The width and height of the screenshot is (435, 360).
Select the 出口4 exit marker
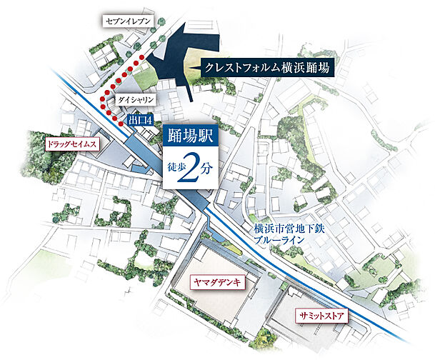(141, 119)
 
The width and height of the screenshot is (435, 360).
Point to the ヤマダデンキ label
(218, 282)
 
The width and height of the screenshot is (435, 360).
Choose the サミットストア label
(320, 314)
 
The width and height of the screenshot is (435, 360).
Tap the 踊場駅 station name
(189, 136)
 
